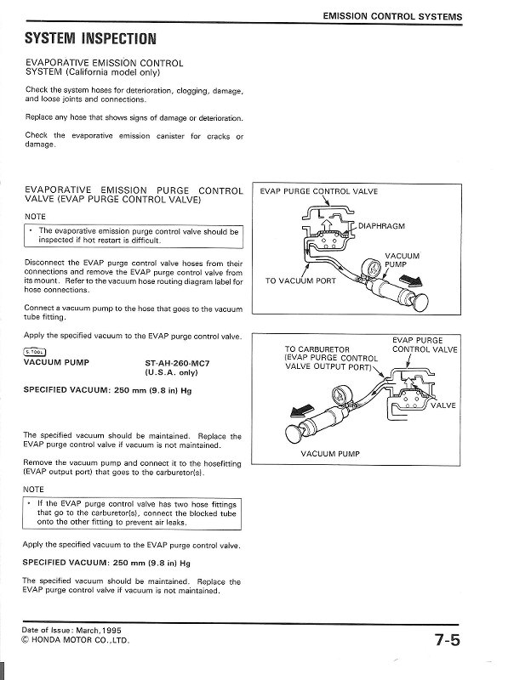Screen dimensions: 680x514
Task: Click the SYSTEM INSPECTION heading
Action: (90, 38)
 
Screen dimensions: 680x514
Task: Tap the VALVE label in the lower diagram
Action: (443, 405)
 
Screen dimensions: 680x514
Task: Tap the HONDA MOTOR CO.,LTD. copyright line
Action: (76, 639)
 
